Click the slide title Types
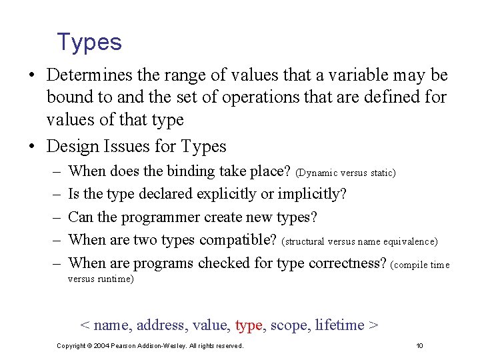(89, 43)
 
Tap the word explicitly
(238, 194)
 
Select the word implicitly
(310, 194)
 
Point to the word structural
(306, 241)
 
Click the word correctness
(347, 263)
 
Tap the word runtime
(117, 279)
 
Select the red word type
(249, 325)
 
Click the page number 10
(419, 346)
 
